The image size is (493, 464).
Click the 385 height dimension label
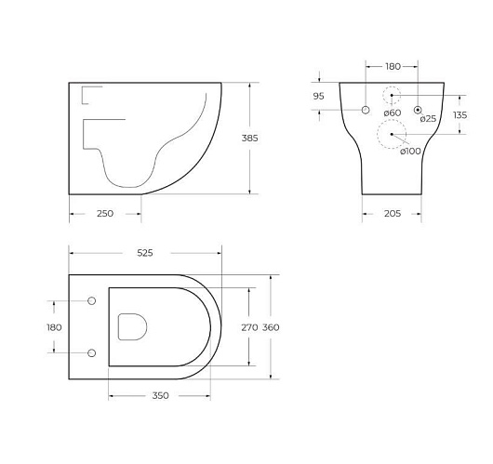coord(249,138)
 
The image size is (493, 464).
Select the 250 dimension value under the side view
coord(105,214)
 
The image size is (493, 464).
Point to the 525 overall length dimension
coord(145,253)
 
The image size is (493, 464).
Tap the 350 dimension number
coord(160,395)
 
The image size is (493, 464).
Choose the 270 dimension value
coord(249,327)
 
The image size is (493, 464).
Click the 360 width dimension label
coord(271,327)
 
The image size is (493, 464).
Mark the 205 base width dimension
coord(393,214)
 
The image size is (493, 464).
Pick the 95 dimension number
coord(318,96)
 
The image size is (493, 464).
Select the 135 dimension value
coord(460,115)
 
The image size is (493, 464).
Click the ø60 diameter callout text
coord(393,113)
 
